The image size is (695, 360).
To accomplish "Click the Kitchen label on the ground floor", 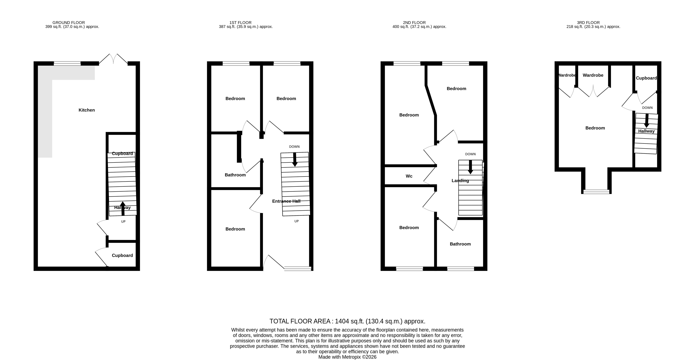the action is pyautogui.click(x=87, y=110).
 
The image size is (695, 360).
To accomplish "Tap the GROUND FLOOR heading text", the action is pyautogui.click(x=69, y=23).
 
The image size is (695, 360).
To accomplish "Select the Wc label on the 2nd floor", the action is pyautogui.click(x=409, y=176).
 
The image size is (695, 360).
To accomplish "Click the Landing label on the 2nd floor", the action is pyautogui.click(x=460, y=181).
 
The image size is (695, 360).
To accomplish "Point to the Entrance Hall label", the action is pyautogui.click(x=286, y=201).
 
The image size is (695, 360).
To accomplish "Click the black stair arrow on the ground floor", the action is pyautogui.click(x=123, y=208).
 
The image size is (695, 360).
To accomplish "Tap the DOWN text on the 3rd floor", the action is pyautogui.click(x=647, y=108).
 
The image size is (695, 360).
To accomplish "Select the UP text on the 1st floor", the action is pyautogui.click(x=296, y=221).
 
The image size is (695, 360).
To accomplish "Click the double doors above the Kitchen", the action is pyautogui.click(x=113, y=59).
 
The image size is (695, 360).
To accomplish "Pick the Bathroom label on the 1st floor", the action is pyautogui.click(x=235, y=175).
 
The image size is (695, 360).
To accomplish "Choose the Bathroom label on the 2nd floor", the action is pyautogui.click(x=460, y=244).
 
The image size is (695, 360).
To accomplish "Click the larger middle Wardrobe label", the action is pyautogui.click(x=593, y=75).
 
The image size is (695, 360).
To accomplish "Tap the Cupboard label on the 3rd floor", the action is pyautogui.click(x=646, y=78).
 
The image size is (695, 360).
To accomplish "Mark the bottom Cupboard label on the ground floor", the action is pyautogui.click(x=122, y=255).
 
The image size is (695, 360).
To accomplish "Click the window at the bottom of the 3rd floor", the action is pyautogui.click(x=596, y=192).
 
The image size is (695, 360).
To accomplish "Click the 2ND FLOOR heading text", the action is pyautogui.click(x=414, y=23).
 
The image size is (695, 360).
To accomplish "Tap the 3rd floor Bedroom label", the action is pyautogui.click(x=595, y=128).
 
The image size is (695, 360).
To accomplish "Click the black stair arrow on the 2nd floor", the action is pyautogui.click(x=470, y=167).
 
